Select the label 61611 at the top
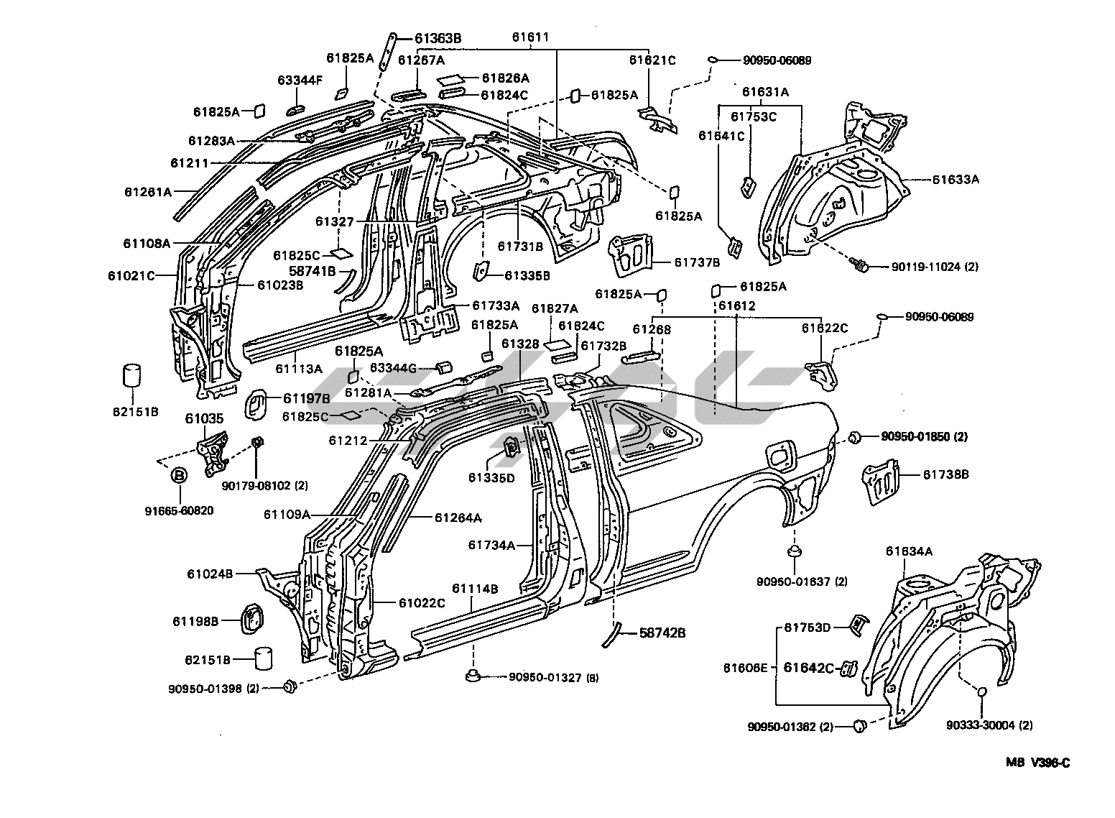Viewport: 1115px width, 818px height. pyautogui.click(x=531, y=37)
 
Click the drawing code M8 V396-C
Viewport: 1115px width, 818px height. pyautogui.click(x=1032, y=763)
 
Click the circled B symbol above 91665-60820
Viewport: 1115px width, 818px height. pyautogui.click(x=179, y=475)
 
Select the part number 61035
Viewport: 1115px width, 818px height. pyautogui.click(x=204, y=418)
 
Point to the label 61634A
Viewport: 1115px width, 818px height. pyautogui.click(x=909, y=551)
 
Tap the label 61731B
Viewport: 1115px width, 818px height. pyautogui.click(x=521, y=246)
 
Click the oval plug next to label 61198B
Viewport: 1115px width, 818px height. pyautogui.click(x=251, y=620)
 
